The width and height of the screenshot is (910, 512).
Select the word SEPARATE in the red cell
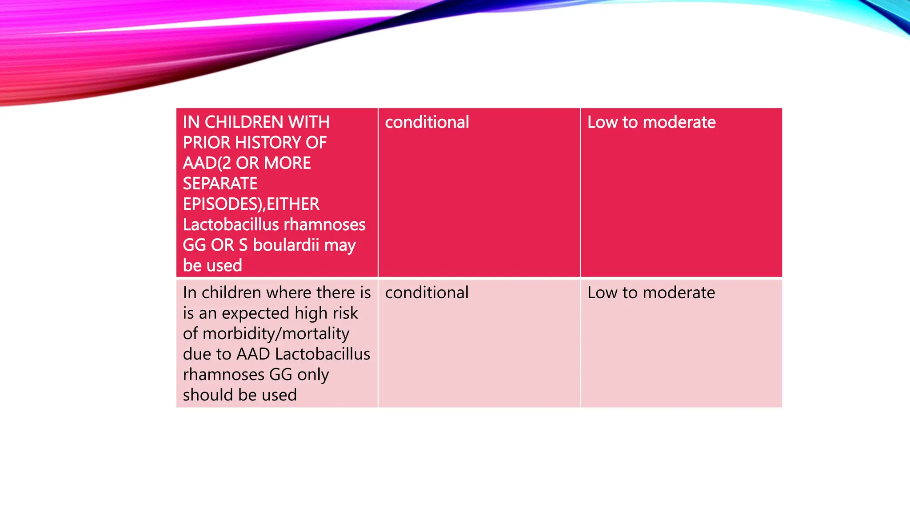[x=220, y=184]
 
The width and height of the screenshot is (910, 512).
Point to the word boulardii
[x=286, y=245]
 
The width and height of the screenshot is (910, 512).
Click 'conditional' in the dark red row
[x=427, y=122]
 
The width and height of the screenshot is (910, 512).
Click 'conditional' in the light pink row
[x=427, y=292]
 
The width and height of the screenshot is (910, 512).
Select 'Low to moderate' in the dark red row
[x=651, y=122]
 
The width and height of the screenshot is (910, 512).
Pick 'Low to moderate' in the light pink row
[x=651, y=292]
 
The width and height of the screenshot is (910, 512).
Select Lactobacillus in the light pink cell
[x=323, y=354]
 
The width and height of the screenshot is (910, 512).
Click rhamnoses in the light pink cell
[x=224, y=374]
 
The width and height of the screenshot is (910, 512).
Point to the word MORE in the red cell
[x=287, y=163]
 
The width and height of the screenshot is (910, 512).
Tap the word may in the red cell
[x=340, y=245]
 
